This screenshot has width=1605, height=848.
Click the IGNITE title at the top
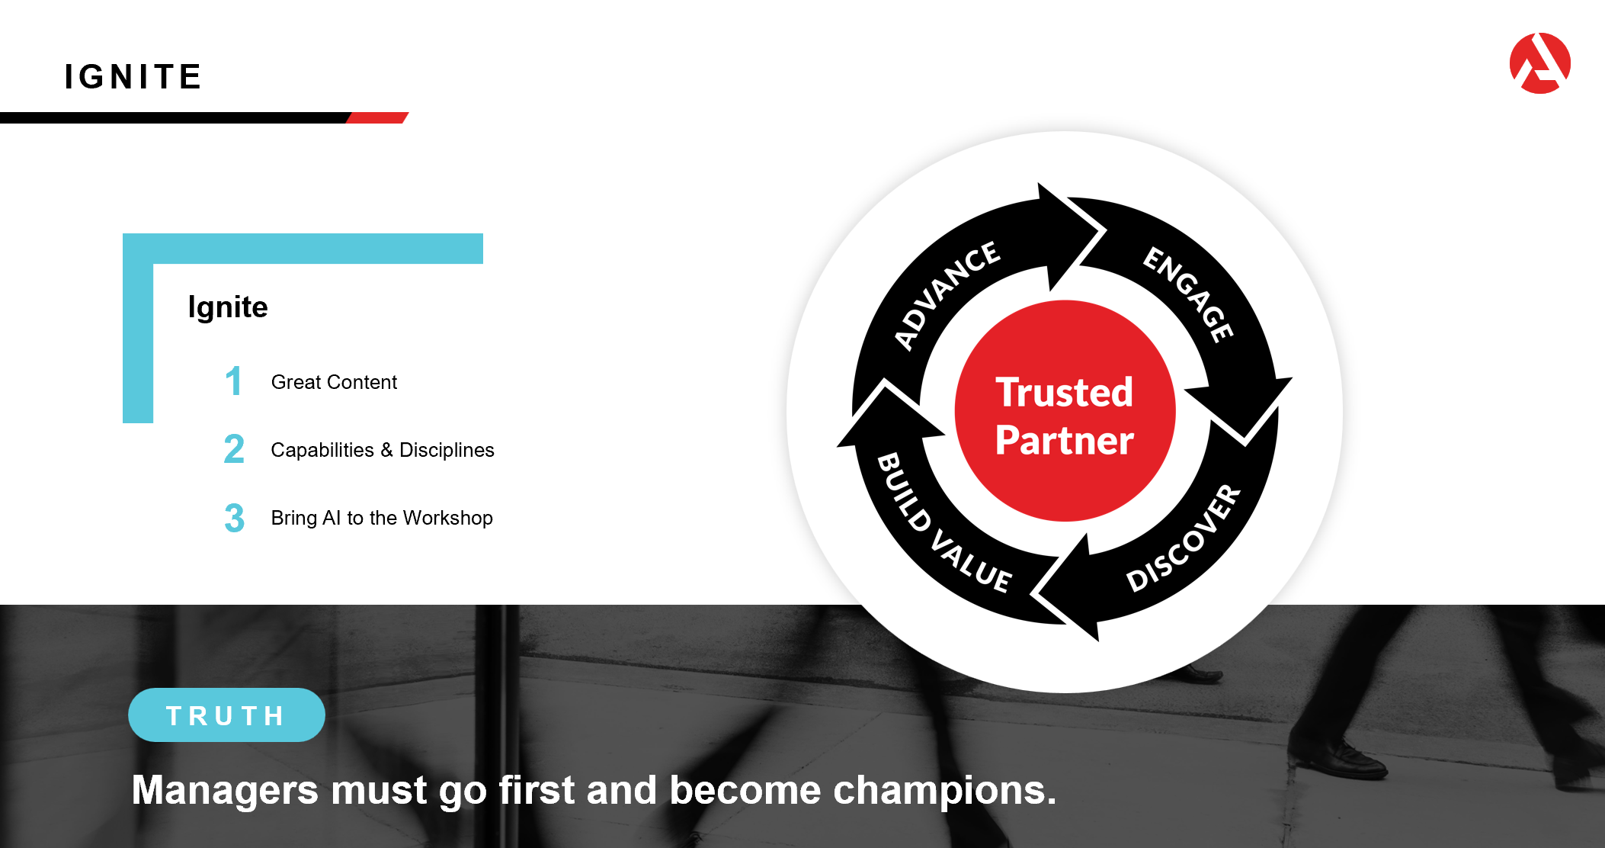[x=133, y=77]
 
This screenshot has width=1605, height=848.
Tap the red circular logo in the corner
[x=1540, y=63]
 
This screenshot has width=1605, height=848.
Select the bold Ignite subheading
[x=228, y=307]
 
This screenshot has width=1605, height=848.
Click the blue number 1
[x=234, y=381]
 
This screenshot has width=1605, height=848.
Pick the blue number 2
[x=234, y=448]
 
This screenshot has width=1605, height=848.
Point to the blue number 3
[x=235, y=518]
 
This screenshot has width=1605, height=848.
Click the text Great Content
[x=334, y=382]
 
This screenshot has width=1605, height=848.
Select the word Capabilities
[x=322, y=450]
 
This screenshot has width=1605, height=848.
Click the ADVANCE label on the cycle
[x=947, y=294]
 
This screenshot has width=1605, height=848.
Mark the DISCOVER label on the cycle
[x=1184, y=538]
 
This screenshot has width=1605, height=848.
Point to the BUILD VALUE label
[x=943, y=523]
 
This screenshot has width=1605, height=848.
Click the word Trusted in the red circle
[x=1065, y=392]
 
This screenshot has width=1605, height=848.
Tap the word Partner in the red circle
[x=1065, y=440]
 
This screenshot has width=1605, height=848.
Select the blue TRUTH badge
[x=226, y=715]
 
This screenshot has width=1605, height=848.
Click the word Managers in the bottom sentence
[x=225, y=790]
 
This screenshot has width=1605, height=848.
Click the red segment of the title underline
[x=378, y=117]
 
